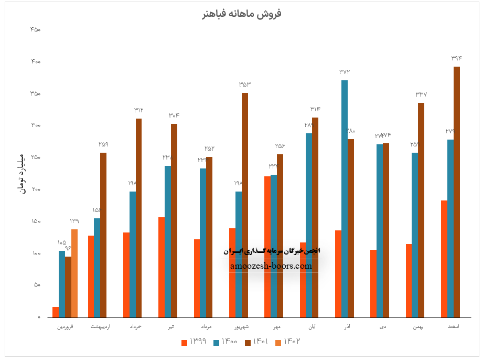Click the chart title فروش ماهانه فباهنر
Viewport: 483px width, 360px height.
pos(241,14)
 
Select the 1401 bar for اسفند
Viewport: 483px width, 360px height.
pos(457,192)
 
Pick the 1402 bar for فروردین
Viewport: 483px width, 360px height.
pos(74,273)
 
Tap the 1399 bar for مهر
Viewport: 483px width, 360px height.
pos(267,247)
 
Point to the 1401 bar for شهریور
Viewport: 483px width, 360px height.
pos(245,205)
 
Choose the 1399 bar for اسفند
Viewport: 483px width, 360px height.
pos(444,259)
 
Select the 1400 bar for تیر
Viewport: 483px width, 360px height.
pos(168,241)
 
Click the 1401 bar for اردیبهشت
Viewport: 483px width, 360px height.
pos(103,235)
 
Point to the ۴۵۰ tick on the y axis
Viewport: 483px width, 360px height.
pos(36,30)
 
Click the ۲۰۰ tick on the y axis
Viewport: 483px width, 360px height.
pos(36,189)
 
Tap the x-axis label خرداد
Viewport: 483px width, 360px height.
pos(135,327)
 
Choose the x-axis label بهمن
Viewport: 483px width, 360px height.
pos(417,327)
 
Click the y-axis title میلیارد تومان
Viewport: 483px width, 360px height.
pos(22,173)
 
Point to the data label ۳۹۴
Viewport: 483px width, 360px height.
pos(457,58)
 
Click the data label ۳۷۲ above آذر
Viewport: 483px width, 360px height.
pos(345,72)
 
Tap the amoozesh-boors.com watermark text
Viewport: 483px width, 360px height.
pos(271,266)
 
